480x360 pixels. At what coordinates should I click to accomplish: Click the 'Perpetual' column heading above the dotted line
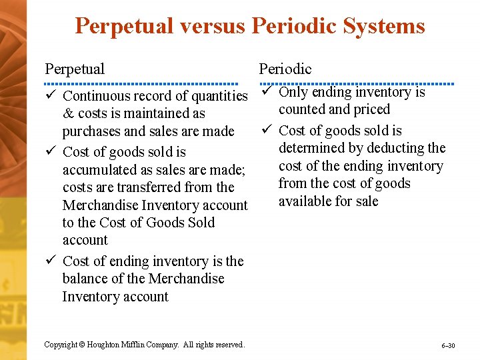point(75,69)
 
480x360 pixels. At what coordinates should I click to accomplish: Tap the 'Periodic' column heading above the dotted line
point(285,69)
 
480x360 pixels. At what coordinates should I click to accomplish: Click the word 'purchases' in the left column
point(91,131)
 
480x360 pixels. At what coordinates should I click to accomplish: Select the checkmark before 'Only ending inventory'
point(265,92)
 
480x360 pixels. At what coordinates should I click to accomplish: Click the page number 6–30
point(448,346)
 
